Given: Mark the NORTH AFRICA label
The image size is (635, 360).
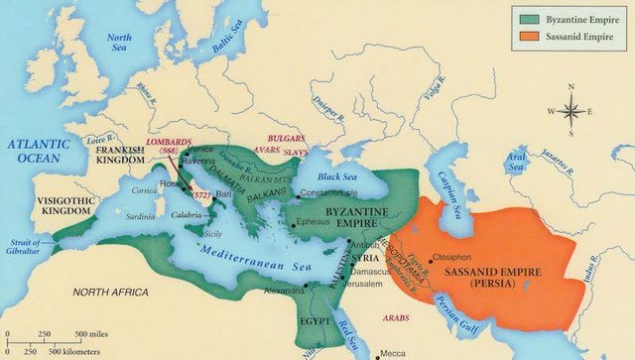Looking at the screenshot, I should (x=110, y=293).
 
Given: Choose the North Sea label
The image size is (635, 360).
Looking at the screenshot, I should (x=118, y=43).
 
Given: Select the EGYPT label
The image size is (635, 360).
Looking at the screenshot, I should (x=317, y=321).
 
